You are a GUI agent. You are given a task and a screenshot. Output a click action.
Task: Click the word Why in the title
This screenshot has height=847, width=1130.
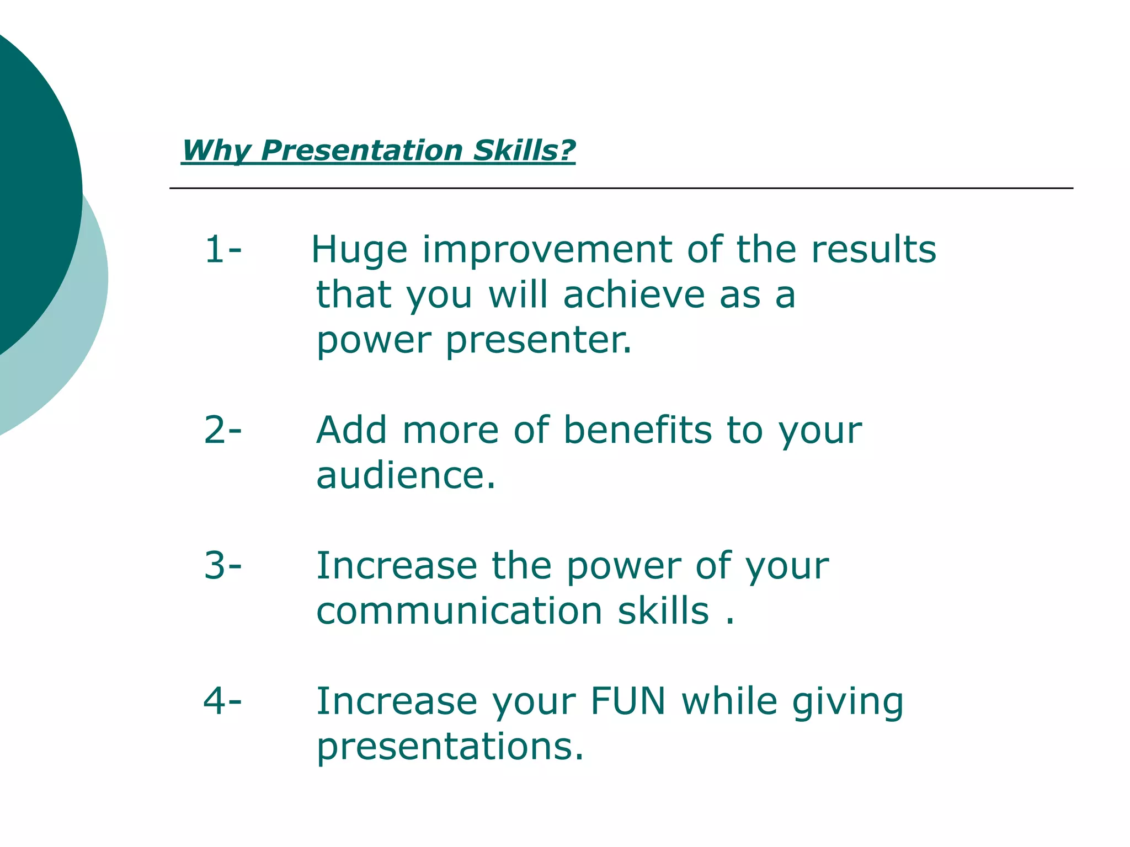pos(216,151)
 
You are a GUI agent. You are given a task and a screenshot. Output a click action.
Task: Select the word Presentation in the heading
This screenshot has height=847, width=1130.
pos(362,151)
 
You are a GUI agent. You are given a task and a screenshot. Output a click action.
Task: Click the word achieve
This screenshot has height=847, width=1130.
pos(634,294)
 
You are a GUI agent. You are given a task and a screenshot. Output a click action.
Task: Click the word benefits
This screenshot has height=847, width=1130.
pos(638,430)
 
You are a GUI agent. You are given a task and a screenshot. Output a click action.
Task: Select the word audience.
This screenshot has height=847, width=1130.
pos(406,475)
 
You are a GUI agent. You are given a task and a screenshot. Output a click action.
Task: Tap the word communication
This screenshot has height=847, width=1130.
pos(459,611)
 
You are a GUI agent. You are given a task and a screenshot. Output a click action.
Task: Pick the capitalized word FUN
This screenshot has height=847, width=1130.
pos(628,701)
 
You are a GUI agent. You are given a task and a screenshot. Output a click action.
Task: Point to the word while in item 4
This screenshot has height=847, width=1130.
pos(729,701)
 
